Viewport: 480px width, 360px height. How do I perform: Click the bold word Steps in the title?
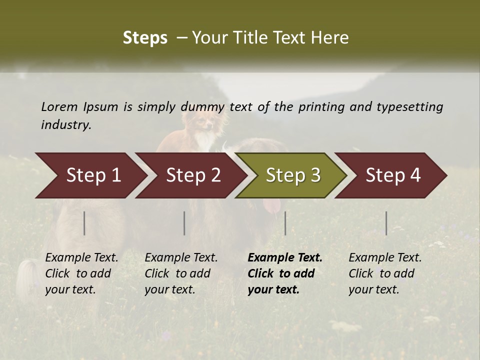[x=145, y=38]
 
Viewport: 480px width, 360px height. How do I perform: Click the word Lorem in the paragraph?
[x=59, y=106]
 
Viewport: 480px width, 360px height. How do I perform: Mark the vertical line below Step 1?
[x=84, y=223]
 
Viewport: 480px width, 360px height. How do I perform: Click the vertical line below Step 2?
[x=184, y=223]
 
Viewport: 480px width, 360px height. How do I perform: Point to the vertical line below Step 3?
[x=285, y=223]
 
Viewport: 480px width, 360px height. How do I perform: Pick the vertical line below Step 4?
[x=386, y=223]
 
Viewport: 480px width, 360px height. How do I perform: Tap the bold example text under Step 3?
[x=284, y=273]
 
